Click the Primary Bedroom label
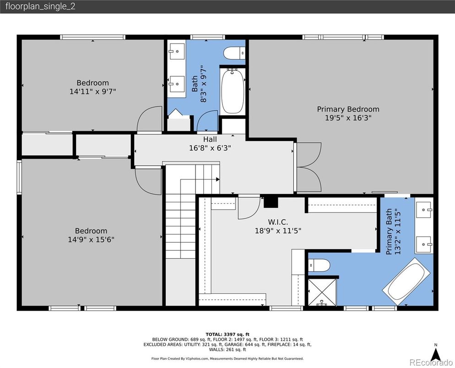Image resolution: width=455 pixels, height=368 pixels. (348, 109)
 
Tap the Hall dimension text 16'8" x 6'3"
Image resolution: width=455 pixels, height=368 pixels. (210, 148)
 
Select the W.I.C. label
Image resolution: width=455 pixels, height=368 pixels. (278, 222)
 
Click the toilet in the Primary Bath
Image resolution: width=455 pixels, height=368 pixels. (319, 265)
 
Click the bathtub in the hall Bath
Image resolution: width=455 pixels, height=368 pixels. (233, 91)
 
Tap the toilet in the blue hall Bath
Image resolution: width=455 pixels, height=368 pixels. (234, 53)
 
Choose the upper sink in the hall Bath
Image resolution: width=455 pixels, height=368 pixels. (177, 51)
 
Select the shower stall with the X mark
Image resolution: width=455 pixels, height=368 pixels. (322, 292)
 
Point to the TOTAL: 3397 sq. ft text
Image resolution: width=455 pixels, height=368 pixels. (227, 334)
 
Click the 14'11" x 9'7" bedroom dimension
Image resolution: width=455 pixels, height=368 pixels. (92, 92)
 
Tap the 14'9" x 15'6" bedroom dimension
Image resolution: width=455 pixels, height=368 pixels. (91, 239)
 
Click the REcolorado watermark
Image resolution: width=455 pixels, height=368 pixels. (431, 362)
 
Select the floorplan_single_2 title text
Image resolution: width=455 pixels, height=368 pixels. (40, 6)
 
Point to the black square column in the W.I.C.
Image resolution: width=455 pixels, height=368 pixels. (271, 202)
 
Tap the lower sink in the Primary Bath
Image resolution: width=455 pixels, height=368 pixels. (424, 245)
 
